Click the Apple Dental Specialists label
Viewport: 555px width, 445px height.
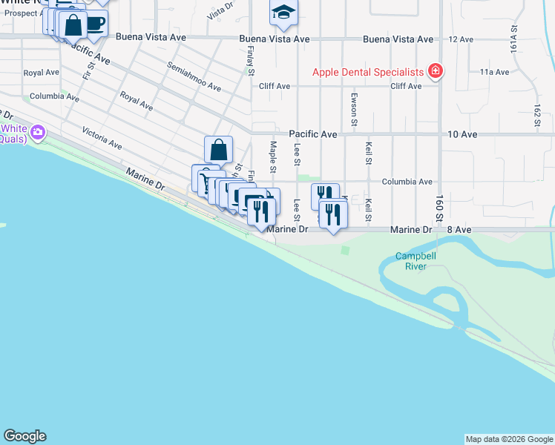tap(367, 72)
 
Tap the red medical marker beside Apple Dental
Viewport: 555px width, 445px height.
tap(436, 72)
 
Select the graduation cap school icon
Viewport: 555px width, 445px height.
tap(283, 13)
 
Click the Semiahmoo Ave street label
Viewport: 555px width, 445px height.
tap(194, 76)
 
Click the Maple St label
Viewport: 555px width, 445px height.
tap(273, 156)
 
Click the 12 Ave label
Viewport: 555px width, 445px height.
tap(461, 39)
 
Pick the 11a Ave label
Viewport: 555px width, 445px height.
tap(494, 72)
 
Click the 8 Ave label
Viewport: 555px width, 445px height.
tap(459, 230)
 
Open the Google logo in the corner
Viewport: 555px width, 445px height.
tap(24, 436)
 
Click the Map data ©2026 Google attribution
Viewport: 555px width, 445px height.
tap(509, 439)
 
